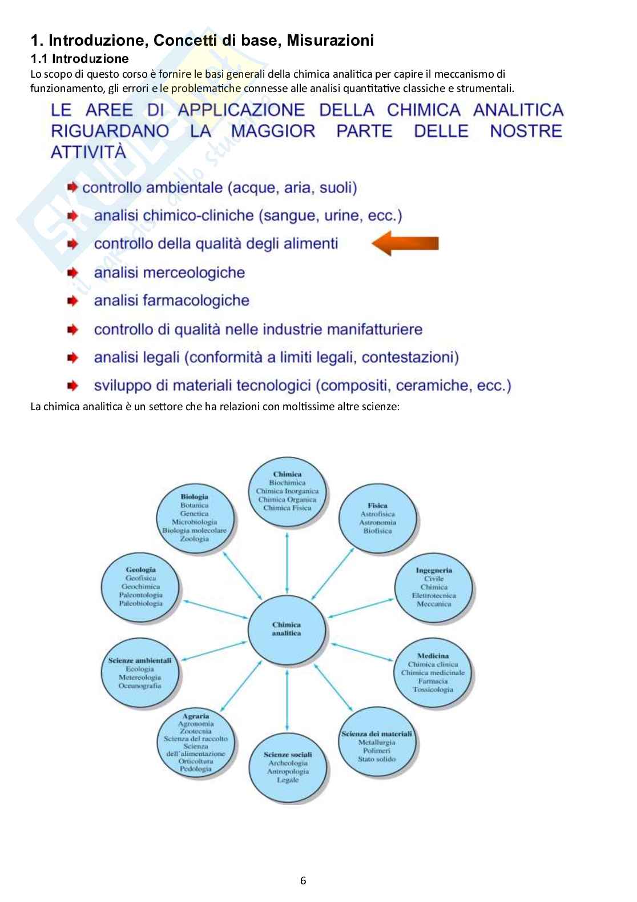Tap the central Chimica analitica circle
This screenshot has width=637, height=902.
[287, 629]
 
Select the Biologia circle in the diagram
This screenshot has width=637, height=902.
[195, 518]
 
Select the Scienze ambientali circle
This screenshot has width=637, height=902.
[140, 673]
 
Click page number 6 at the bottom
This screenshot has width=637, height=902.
[303, 880]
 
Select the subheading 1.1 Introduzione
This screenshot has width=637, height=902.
[79, 58]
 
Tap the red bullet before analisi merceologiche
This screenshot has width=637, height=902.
[72, 272]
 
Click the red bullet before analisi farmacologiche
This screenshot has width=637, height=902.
[72, 300]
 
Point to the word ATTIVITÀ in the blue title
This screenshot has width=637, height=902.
[88, 152]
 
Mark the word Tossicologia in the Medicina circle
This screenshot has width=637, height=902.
[433, 689]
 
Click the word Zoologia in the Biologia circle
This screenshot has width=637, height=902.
[195, 539]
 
